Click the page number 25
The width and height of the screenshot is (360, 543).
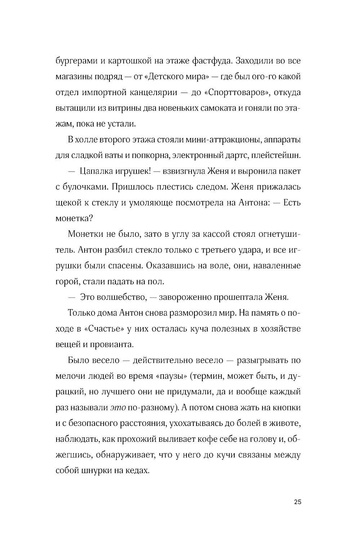[297, 502]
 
